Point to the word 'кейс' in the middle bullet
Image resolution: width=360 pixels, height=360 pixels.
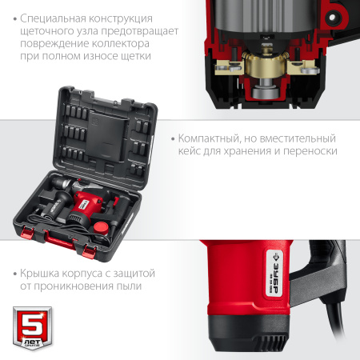[192, 150]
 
